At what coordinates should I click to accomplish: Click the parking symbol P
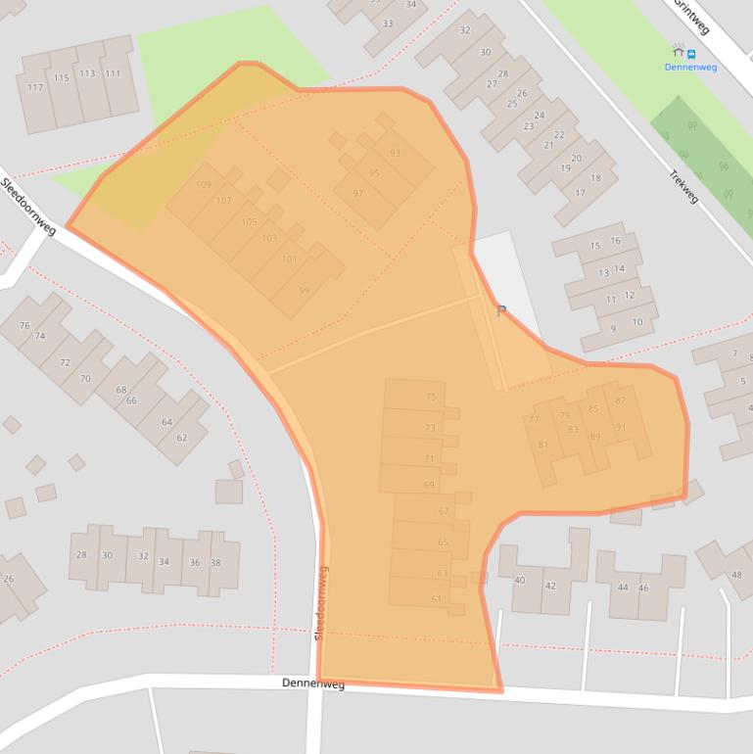pyautogui.click(x=501, y=311)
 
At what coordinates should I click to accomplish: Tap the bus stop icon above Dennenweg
pyautogui.click(x=683, y=51)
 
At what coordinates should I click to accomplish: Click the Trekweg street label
pyautogui.click(x=683, y=186)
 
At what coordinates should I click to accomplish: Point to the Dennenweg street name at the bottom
pyautogui.click(x=313, y=683)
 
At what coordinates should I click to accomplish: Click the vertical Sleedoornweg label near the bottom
pyautogui.click(x=321, y=603)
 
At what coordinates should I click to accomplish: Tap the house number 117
pyautogui.click(x=35, y=87)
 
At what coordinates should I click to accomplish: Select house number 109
pyautogui.click(x=204, y=185)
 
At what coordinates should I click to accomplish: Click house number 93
pyautogui.click(x=395, y=153)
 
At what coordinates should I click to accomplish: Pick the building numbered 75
pyautogui.click(x=431, y=397)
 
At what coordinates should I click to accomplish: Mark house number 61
pyautogui.click(x=437, y=598)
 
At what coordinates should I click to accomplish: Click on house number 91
pyautogui.click(x=621, y=427)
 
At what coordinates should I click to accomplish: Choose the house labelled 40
pyautogui.click(x=519, y=580)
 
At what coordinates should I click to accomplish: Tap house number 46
pyautogui.click(x=643, y=588)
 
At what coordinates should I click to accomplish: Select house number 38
pyautogui.click(x=215, y=562)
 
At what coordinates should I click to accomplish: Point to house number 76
pyautogui.click(x=24, y=325)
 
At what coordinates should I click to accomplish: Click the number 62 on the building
pyautogui.click(x=181, y=438)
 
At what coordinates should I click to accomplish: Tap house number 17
pyautogui.click(x=580, y=193)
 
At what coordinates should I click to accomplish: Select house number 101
pyautogui.click(x=288, y=259)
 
